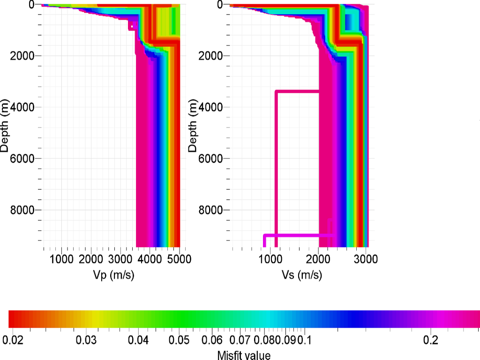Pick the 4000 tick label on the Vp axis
pos(150,259)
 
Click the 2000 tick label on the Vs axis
pos(318,259)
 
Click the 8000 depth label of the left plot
pos(21,210)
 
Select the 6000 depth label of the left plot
pos(21,158)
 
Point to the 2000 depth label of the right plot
pos(210,56)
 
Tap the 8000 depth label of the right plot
pos(210,210)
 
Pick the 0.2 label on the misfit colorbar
pos(430,339)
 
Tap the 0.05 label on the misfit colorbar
pos(179,339)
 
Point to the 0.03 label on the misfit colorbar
pos(86,339)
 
